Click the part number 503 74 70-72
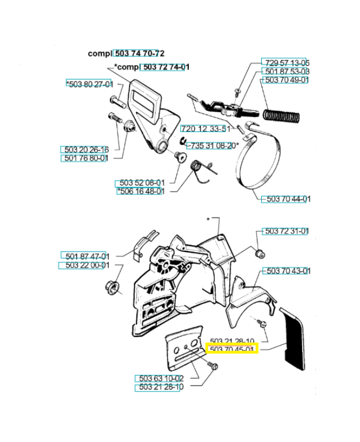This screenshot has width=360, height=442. tap(139, 54)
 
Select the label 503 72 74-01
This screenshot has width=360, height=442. tap(165, 67)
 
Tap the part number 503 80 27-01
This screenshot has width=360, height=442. tap(89, 84)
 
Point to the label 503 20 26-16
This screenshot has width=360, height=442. tap(84, 149)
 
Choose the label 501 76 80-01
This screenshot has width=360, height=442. tap(84, 159)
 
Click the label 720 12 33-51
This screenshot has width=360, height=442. tap(204, 128)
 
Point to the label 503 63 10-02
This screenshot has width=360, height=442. tap(159, 378)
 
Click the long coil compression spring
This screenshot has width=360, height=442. tap(282, 117)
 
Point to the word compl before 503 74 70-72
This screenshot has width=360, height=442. tap(99, 54)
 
